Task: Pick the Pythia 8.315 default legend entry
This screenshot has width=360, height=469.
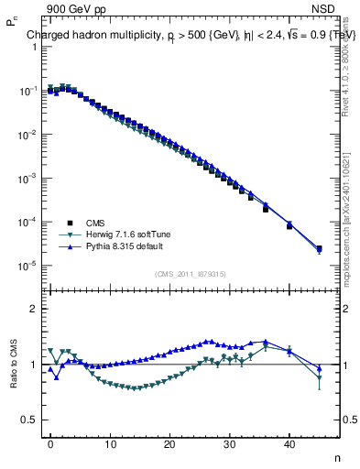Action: (121, 246)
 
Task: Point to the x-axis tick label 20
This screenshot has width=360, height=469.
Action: (170, 443)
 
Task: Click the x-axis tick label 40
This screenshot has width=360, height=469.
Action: (289, 443)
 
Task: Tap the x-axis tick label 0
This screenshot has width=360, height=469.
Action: (50, 443)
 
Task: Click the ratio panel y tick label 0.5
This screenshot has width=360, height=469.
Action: (27, 420)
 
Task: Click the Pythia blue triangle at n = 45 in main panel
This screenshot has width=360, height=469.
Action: (319, 247)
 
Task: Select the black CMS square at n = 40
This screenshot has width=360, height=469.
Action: (289, 225)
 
